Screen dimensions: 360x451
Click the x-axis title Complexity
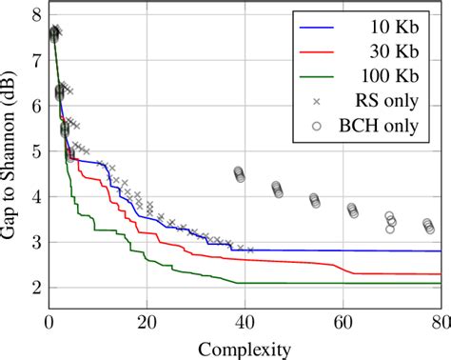tap(244, 349)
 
